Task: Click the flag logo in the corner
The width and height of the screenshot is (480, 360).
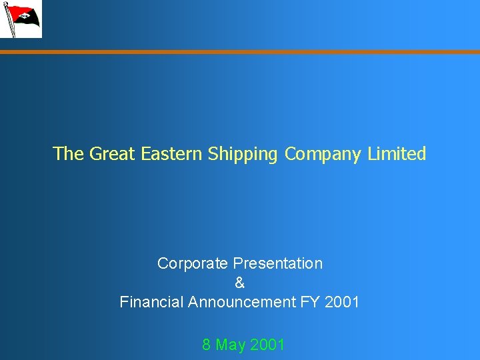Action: click(21, 19)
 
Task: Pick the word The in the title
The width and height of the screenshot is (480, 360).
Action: click(68, 154)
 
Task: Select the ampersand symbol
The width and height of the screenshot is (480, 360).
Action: click(240, 283)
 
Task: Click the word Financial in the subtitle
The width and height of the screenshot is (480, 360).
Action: click(151, 302)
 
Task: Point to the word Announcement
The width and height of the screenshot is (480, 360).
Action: click(241, 302)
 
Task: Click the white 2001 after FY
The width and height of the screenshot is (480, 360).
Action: click(342, 302)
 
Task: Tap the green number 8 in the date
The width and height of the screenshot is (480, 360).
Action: click(207, 345)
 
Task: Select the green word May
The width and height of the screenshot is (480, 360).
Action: click(231, 345)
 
